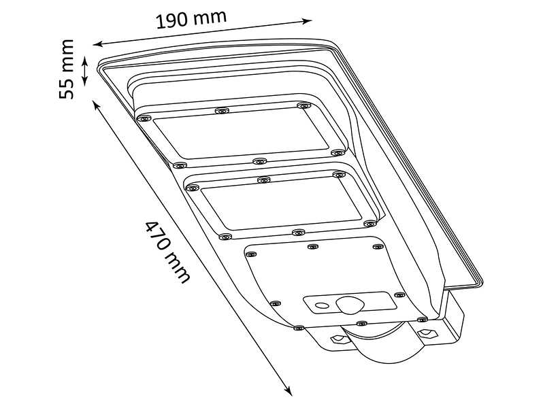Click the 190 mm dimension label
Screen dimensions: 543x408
point(191,18)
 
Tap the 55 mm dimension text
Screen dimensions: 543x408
point(66,69)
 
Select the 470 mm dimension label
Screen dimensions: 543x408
point(167,251)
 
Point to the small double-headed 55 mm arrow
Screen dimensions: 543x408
point(84,71)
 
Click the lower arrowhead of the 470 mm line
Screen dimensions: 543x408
point(288,390)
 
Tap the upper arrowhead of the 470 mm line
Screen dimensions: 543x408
point(96,105)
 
